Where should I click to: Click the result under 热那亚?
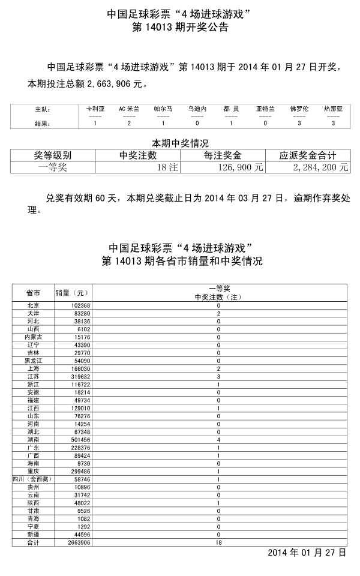coord(334,123)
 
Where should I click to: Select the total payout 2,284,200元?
coord(320,167)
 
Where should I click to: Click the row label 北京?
coord(33,305)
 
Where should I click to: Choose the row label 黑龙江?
coord(33,361)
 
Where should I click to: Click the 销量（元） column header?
coord(72,293)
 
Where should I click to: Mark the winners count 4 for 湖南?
coord(218,440)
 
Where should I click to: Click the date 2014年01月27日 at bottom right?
coord(307,552)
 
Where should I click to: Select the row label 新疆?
coord(33,534)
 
